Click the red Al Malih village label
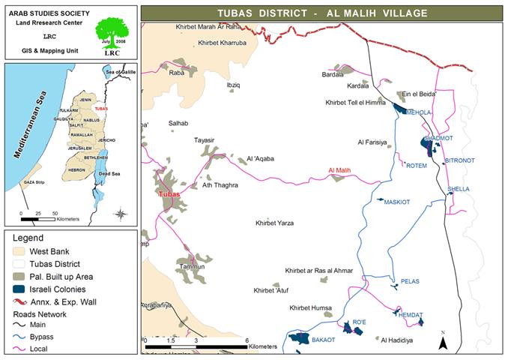point(339,172)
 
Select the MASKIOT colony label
point(397,202)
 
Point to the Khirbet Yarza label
point(274,223)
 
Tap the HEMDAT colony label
point(411,314)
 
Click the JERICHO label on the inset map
point(107,140)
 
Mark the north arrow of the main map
point(444,343)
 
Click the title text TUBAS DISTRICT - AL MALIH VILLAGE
point(321,13)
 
